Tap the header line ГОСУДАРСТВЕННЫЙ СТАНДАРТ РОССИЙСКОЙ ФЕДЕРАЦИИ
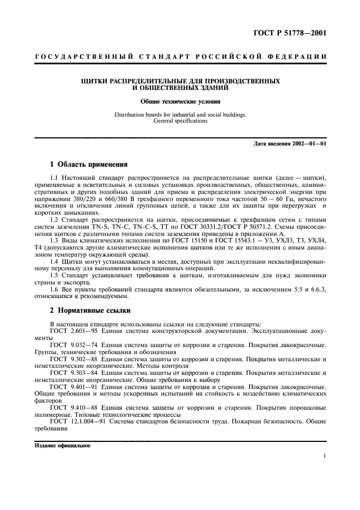click(180, 57)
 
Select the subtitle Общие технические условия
click(180, 101)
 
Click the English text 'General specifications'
click(180, 121)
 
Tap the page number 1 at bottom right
click(325, 457)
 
